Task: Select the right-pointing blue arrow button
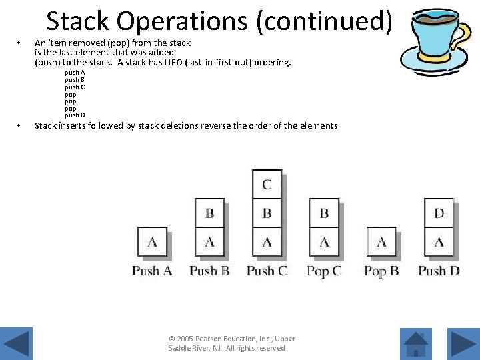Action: point(461,345)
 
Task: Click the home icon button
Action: point(416,345)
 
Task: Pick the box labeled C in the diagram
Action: point(267,185)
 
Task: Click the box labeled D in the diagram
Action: point(439,213)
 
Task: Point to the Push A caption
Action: point(152,271)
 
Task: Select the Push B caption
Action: point(209,271)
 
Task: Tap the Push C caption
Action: point(267,271)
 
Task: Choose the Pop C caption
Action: point(324,271)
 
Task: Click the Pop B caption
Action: point(381,271)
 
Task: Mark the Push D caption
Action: point(439,271)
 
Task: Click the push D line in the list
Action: point(75,115)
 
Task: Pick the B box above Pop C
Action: point(324,213)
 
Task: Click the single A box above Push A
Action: point(152,242)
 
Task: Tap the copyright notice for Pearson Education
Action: point(232,343)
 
